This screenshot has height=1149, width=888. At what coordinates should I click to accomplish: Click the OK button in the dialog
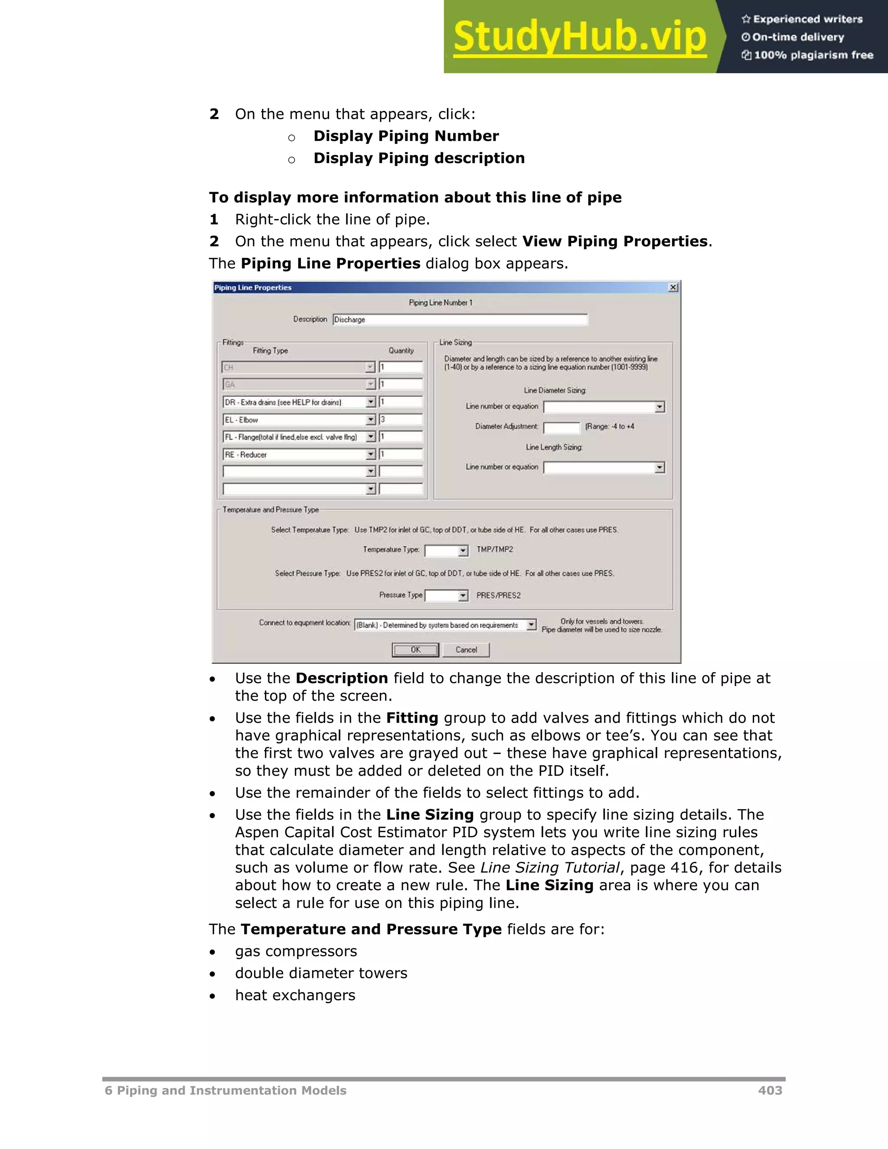[415, 650]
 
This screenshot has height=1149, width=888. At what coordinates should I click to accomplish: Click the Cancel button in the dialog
[466, 650]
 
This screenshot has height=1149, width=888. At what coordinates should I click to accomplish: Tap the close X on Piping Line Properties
[673, 287]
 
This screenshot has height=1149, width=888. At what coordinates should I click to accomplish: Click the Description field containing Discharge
[460, 320]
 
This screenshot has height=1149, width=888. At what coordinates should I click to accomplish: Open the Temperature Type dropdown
[447, 550]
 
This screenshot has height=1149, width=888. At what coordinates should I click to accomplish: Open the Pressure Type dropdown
[447, 596]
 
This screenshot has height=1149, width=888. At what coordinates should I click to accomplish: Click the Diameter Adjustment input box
[562, 427]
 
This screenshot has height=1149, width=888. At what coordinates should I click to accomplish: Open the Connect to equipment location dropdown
[445, 625]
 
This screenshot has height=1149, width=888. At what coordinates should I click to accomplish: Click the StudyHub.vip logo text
[580, 37]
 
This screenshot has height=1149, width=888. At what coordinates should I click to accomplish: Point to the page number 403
[770, 1090]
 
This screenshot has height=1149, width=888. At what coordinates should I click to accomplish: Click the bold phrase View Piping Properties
[614, 242]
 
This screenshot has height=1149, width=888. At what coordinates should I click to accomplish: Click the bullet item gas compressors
[296, 951]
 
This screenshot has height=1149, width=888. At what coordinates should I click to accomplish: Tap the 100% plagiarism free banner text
[813, 55]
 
